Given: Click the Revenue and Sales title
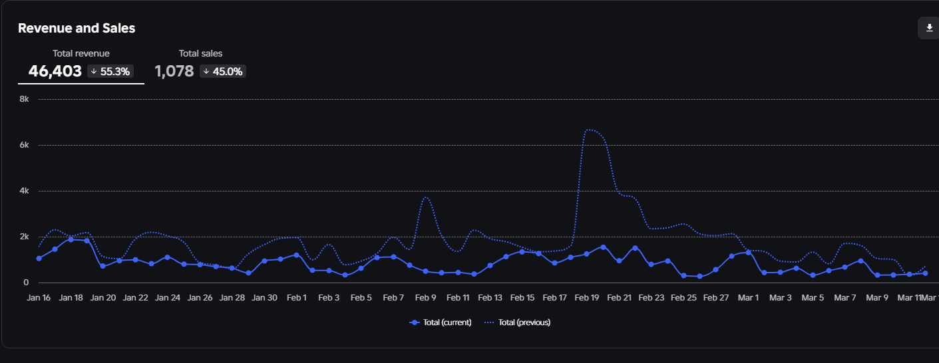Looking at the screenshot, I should click(x=77, y=28).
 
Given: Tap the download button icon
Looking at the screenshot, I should click(x=929, y=28).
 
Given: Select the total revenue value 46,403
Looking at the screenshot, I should click(x=55, y=71).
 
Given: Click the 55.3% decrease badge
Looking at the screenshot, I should click(x=110, y=71).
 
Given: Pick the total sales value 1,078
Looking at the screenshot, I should click(x=174, y=71).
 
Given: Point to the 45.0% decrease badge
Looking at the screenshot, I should click(x=223, y=71).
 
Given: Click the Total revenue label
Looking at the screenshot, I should click(x=81, y=53).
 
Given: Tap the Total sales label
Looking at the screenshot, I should click(x=200, y=53).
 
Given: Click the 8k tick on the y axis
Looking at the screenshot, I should click(x=24, y=99).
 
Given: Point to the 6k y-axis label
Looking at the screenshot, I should click(x=24, y=145).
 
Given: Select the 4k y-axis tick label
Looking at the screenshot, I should click(x=24, y=191).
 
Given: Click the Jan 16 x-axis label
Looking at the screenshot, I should click(x=39, y=298).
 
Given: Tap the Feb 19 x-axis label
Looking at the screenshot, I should click(x=586, y=298).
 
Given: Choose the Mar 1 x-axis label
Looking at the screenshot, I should click(x=748, y=298).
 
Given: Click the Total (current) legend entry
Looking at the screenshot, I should click(x=441, y=322).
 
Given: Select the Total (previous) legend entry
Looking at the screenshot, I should click(x=517, y=322).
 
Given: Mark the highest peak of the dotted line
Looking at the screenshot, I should click(x=588, y=130).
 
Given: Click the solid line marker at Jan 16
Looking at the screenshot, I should click(x=39, y=258).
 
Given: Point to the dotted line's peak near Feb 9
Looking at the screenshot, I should click(x=426, y=197).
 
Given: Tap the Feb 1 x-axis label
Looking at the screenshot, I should click(x=297, y=298).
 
